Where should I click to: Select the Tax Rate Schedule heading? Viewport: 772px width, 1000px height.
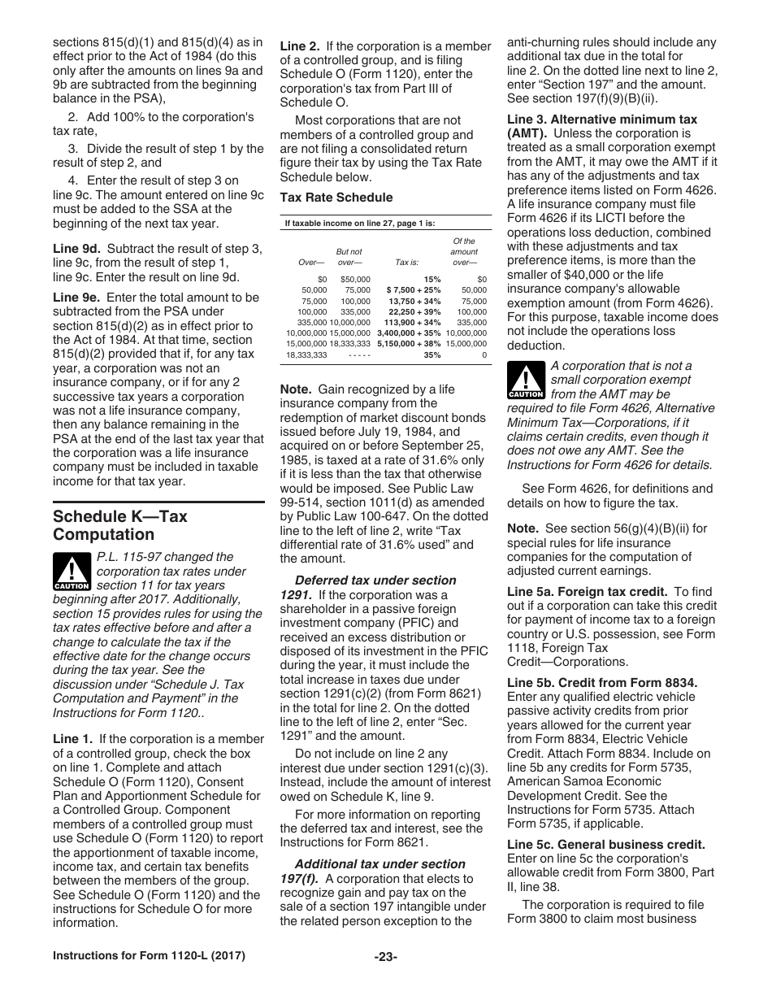coord(336,198)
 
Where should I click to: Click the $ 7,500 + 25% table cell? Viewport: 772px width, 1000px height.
coord(414,289)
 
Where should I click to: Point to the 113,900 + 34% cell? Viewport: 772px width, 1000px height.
coord(414,322)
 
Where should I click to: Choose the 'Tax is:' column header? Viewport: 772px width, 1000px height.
coord(406,263)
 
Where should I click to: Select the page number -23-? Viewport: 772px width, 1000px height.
coord(385,979)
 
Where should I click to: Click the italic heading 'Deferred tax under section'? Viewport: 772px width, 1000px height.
coord(375,580)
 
